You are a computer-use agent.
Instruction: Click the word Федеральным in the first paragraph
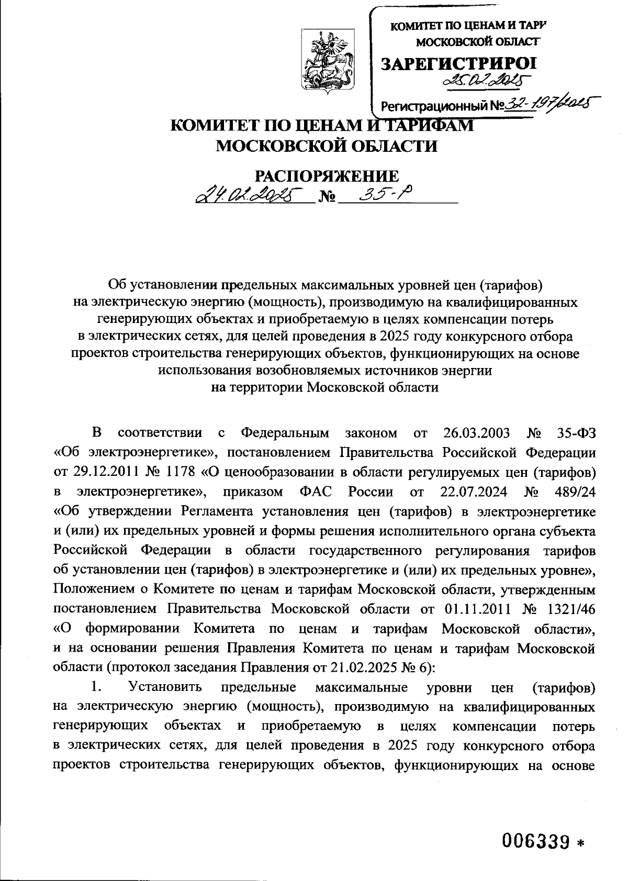tap(285, 433)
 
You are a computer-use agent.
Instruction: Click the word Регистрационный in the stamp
tap(435, 106)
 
